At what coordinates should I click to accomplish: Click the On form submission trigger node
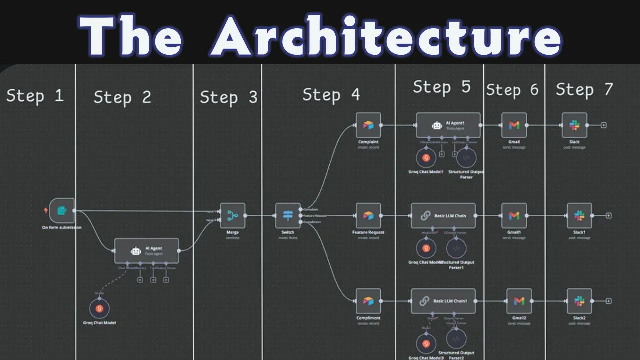pyautogui.click(x=62, y=211)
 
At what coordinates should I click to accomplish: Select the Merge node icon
pyautogui.click(x=233, y=216)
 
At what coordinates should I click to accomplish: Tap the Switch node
pyautogui.click(x=288, y=215)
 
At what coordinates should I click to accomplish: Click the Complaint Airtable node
pyautogui.click(x=368, y=125)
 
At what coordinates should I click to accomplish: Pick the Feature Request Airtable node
pyautogui.click(x=368, y=216)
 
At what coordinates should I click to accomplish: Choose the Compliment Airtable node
pyautogui.click(x=368, y=301)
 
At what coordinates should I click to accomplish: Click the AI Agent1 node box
pyautogui.click(x=448, y=125)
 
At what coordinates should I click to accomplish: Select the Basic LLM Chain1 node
pyautogui.click(x=443, y=301)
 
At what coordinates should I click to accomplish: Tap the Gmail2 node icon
pyautogui.click(x=519, y=301)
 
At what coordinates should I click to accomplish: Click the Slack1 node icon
pyautogui.click(x=579, y=216)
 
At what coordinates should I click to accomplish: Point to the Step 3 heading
pyautogui.click(x=229, y=97)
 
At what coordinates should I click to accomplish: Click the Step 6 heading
pyautogui.click(x=512, y=90)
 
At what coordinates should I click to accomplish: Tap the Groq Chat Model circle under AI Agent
pyautogui.click(x=99, y=309)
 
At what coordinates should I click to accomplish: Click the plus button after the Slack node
pyautogui.click(x=603, y=125)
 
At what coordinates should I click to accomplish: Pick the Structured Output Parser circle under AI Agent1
pyautogui.click(x=466, y=158)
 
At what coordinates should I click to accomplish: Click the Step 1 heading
pyautogui.click(x=35, y=95)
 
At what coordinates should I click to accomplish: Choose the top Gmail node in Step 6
pyautogui.click(x=514, y=125)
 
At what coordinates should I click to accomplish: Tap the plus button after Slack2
pyautogui.click(x=608, y=301)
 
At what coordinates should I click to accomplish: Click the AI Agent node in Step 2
pyautogui.click(x=146, y=251)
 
